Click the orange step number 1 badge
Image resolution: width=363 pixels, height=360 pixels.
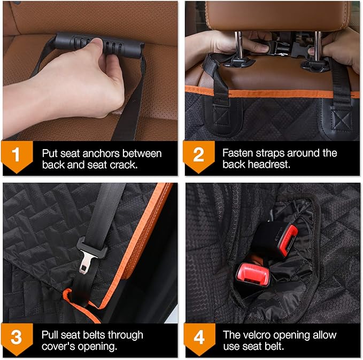click(x=17, y=155)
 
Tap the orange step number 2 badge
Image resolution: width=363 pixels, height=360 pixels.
click(x=198, y=155)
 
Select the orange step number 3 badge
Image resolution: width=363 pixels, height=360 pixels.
click(x=17, y=338)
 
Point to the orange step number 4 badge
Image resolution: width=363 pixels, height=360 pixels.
click(x=198, y=338)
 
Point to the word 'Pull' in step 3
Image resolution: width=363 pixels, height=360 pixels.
click(x=51, y=335)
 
